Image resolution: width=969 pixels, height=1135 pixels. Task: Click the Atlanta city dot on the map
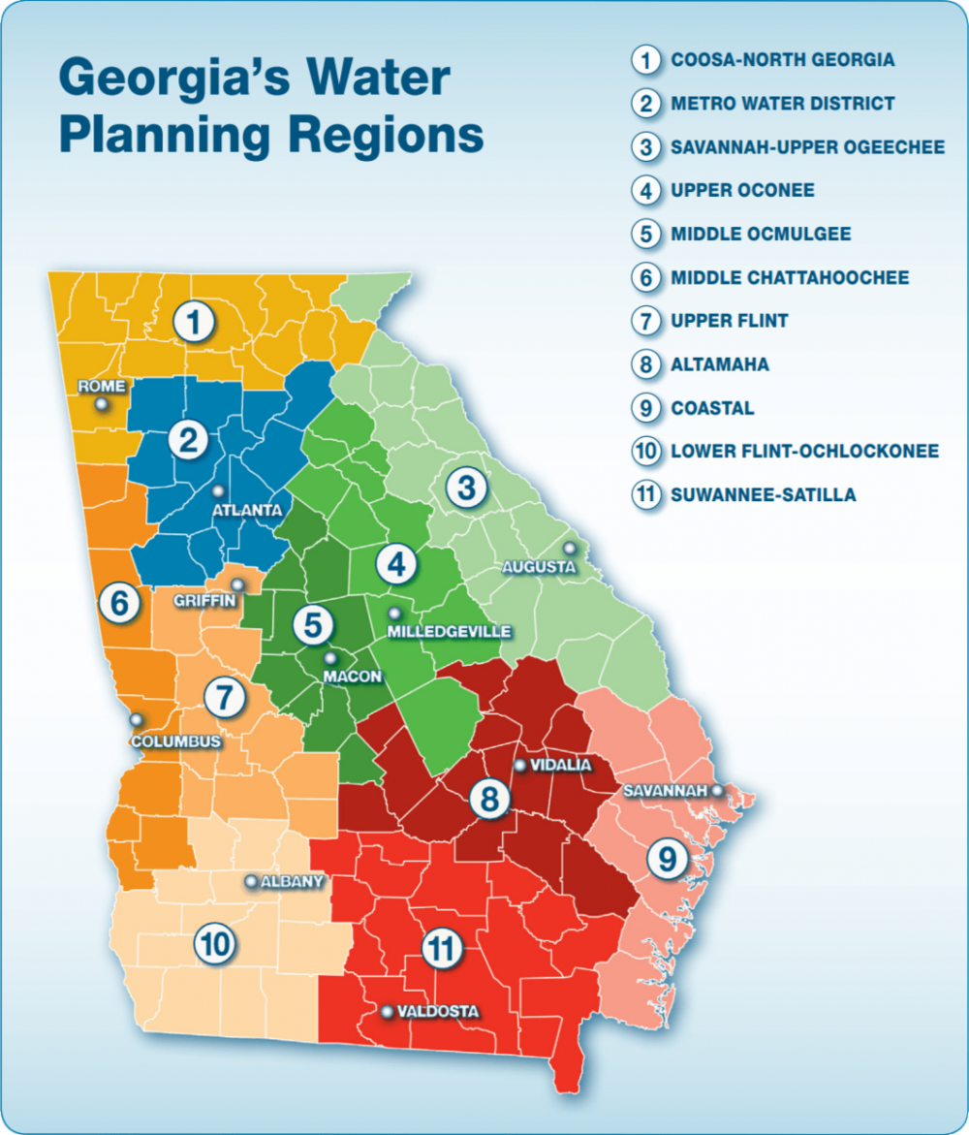[x=218, y=490]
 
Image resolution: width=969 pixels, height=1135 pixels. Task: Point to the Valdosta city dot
[x=388, y=1012]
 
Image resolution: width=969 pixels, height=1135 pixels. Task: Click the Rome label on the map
[x=102, y=386]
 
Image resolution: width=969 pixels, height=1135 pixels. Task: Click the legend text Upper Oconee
[x=742, y=190]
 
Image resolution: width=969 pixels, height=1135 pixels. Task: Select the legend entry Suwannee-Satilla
[x=763, y=495]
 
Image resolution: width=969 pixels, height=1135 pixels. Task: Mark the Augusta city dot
[x=570, y=549]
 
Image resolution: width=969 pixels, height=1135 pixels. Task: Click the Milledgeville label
[x=449, y=632]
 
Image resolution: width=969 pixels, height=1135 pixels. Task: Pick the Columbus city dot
[x=137, y=720]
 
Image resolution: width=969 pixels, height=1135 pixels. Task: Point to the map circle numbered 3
[x=466, y=489]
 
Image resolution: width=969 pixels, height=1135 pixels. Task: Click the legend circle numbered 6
[x=644, y=278]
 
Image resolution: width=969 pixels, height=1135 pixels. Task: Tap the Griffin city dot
[x=238, y=585]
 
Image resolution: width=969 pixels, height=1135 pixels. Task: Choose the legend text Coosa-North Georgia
[x=782, y=60]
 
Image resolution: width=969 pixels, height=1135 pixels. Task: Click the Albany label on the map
[x=292, y=882]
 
